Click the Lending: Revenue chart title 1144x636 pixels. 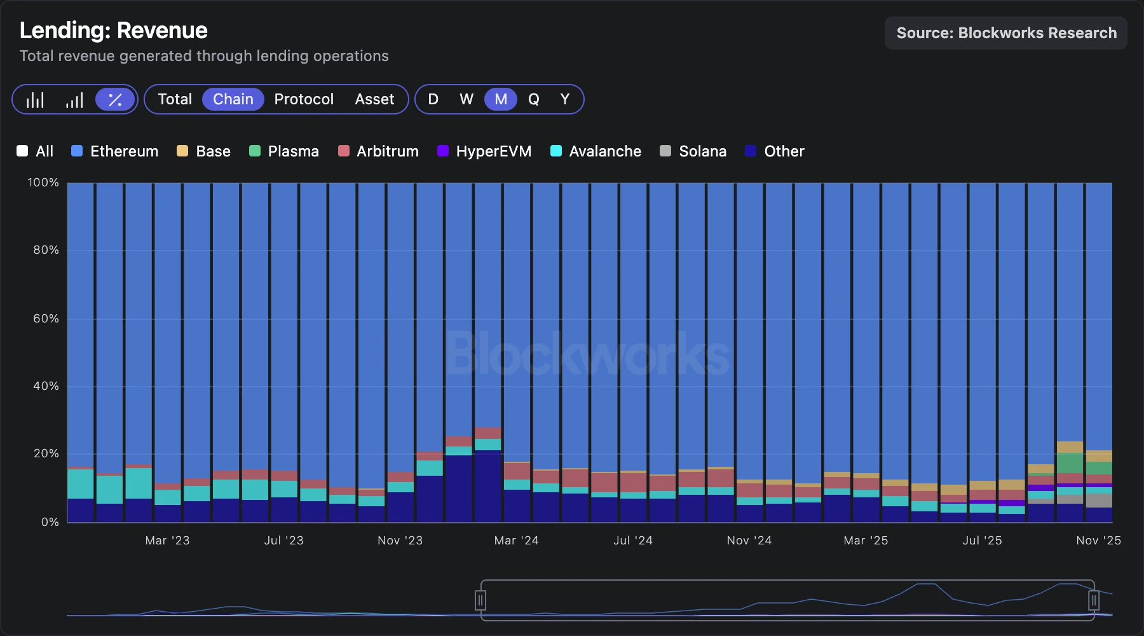(114, 31)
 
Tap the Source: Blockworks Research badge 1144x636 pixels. (1005, 33)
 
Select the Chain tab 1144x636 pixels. (233, 99)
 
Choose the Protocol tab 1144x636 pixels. (304, 99)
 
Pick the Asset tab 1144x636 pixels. (374, 99)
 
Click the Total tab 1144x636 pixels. (175, 99)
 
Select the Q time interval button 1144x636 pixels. (533, 99)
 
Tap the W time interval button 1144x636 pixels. (466, 99)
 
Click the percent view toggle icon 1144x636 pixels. (115, 100)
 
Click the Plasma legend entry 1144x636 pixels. (283, 151)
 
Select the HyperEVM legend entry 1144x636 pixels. (484, 151)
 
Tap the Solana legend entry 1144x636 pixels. (693, 151)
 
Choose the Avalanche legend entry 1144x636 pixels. (596, 151)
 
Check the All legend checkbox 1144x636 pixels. (22, 151)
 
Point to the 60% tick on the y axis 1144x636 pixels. (46, 319)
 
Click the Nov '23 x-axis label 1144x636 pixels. (400, 541)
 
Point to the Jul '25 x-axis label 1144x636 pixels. (982, 541)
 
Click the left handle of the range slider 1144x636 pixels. (480, 600)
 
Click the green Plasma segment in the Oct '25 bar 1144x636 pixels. (1070, 463)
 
